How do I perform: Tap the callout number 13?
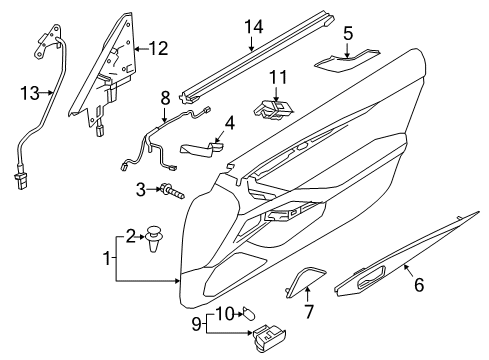tap(30, 93)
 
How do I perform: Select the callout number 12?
tap(160, 46)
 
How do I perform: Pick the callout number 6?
tap(419, 285)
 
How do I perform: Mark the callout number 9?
tap(196, 324)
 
